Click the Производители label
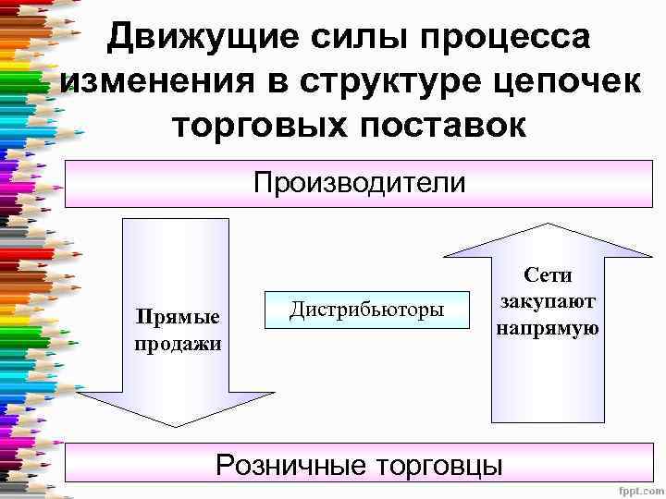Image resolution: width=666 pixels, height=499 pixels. tap(360, 182)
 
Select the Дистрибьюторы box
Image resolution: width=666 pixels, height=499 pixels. tap(367, 309)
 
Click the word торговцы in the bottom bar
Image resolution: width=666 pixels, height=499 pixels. tap(438, 463)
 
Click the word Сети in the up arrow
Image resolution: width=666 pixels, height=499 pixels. tap(549, 275)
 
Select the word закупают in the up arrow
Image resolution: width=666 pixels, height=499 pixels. tap(549, 301)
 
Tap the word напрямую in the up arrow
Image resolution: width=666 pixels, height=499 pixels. tap(549, 327)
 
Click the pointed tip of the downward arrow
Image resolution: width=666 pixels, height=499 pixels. tap(176, 425)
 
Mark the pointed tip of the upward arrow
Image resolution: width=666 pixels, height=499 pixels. tap(549, 225)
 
